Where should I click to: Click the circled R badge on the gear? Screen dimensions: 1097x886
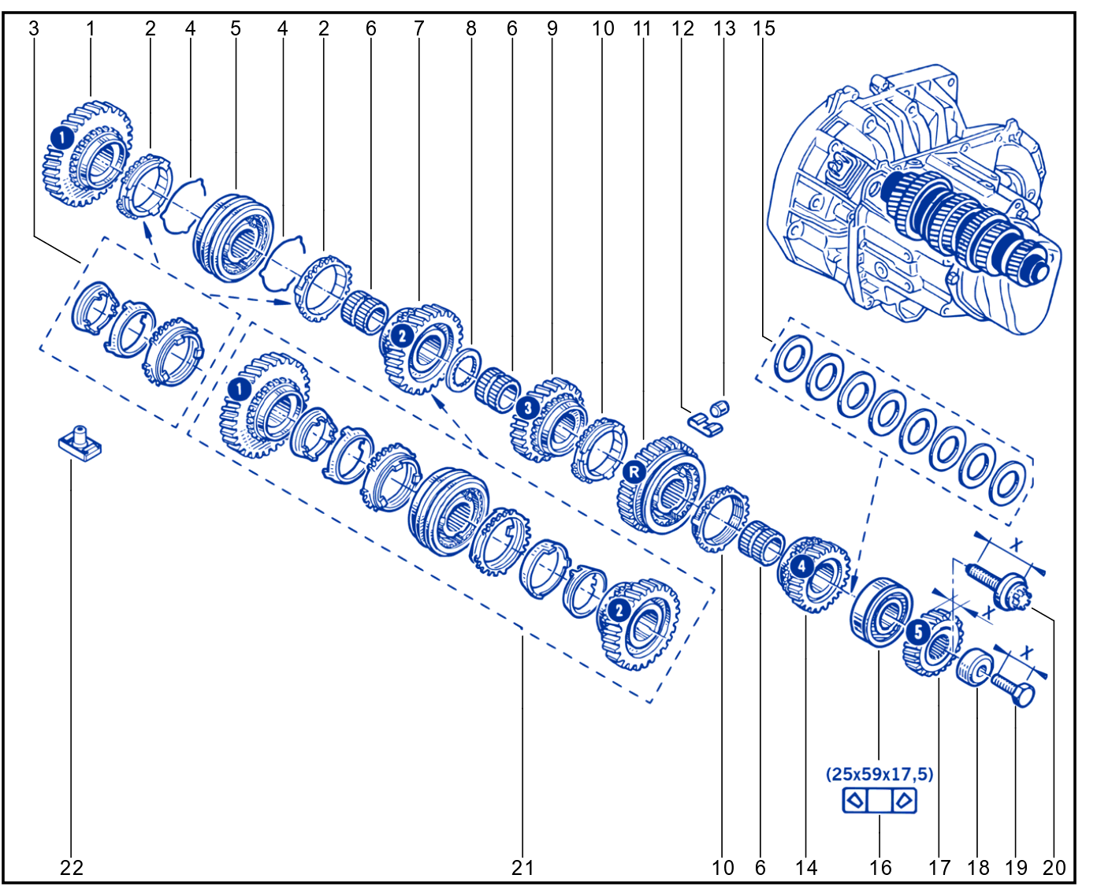634,472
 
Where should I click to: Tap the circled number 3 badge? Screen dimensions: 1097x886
528,408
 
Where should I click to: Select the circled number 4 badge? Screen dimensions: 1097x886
801,567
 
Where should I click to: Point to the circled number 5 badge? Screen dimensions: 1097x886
918,631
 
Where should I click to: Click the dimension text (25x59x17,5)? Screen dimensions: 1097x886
879,774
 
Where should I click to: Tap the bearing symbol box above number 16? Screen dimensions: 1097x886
879,801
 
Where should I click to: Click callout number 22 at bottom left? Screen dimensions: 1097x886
71,868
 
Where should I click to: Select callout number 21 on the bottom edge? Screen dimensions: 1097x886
522,868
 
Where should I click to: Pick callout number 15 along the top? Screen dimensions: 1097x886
764,28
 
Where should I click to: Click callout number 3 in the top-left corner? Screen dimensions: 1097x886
33,28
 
